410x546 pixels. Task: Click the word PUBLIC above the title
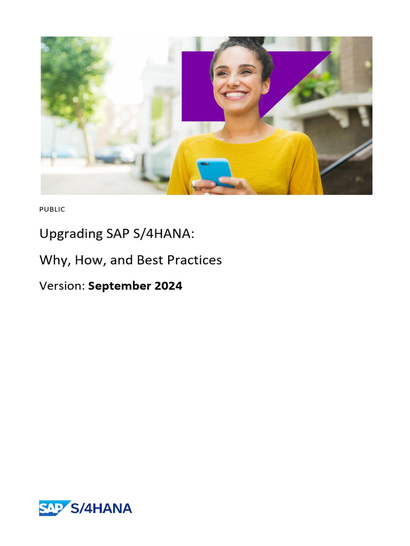(x=52, y=210)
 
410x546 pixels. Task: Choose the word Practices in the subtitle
(x=194, y=260)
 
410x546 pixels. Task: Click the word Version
(x=61, y=286)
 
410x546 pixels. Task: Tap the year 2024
(x=168, y=286)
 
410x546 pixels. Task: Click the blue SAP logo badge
(x=54, y=508)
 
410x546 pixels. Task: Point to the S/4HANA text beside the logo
(x=101, y=508)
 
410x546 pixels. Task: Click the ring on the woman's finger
(x=194, y=184)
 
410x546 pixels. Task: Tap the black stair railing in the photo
(x=346, y=157)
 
